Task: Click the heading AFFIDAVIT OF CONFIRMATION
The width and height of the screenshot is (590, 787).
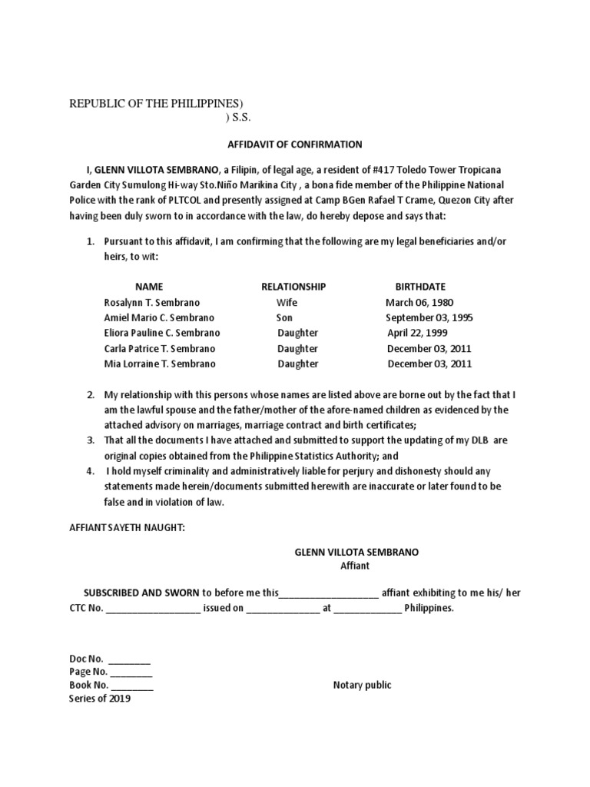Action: click(295, 144)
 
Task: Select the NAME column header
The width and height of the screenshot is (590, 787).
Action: click(149, 287)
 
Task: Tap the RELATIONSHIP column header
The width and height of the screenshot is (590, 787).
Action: click(293, 287)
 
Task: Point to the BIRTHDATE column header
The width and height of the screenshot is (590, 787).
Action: click(420, 287)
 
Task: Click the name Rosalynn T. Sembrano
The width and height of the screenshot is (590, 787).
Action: click(151, 302)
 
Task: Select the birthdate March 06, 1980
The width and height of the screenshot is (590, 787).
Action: click(420, 302)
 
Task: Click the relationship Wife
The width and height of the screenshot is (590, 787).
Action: click(287, 302)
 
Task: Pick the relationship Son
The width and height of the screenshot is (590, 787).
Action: click(284, 317)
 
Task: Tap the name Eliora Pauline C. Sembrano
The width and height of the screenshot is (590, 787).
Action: click(161, 333)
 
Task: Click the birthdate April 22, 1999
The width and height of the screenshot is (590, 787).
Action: click(417, 333)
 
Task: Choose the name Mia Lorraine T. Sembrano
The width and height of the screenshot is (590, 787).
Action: click(159, 364)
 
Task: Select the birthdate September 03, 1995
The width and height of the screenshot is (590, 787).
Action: click(429, 317)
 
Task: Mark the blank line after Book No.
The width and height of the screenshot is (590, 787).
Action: click(131, 686)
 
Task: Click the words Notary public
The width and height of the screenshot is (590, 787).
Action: click(362, 685)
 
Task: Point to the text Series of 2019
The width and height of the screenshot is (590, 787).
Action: click(100, 699)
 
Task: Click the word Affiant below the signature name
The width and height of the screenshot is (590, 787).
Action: click(355, 566)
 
